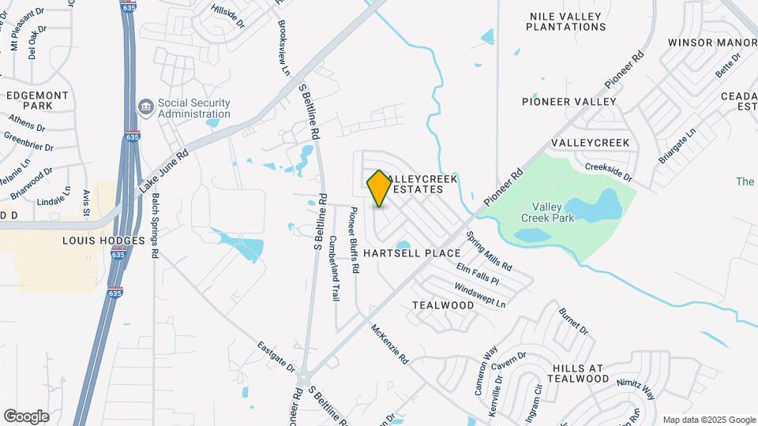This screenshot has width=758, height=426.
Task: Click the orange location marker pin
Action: tap(379, 188)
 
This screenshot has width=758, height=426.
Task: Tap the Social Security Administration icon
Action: tap(145, 106)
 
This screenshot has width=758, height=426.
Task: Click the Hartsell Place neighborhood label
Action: tap(411, 253)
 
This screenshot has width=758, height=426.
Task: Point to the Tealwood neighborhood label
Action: tap(443, 305)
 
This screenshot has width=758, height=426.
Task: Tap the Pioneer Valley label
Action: tap(568, 102)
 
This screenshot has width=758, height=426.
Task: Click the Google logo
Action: tap(27, 416)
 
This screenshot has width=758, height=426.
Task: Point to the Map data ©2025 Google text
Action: tap(708, 420)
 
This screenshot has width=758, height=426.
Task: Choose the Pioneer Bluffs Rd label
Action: tap(355, 240)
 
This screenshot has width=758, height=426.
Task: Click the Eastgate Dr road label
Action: tap(276, 357)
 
